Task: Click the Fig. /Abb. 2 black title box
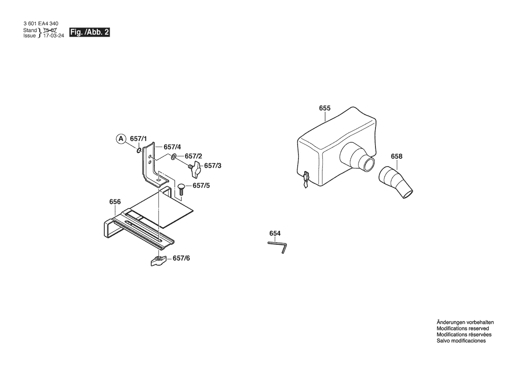(x=89, y=32)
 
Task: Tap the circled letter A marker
(x=121, y=139)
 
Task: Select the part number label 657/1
(x=138, y=139)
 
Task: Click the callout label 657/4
(x=172, y=147)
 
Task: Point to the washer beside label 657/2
(x=174, y=156)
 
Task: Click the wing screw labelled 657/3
(x=195, y=167)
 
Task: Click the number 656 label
(x=115, y=202)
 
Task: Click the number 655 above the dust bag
(x=325, y=108)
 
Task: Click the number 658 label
(x=397, y=156)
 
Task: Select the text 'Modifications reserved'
(x=463, y=328)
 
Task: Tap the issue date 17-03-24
(x=54, y=36)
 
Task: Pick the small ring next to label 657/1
(x=139, y=150)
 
